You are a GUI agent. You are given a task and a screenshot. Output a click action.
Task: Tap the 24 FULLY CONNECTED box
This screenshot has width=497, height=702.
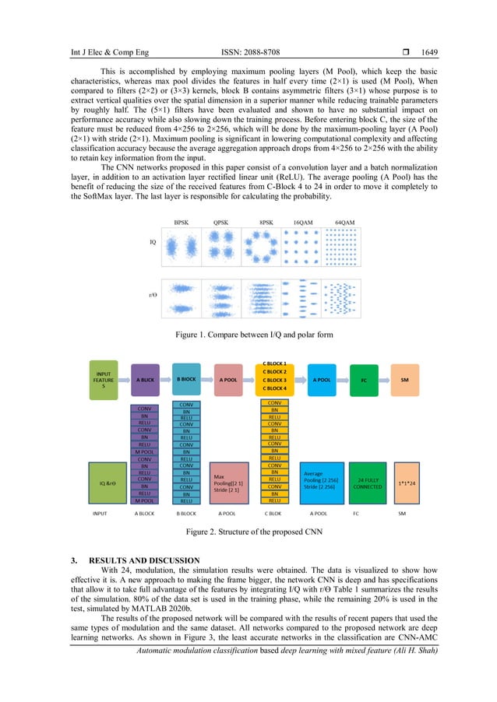click(x=362, y=481)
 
